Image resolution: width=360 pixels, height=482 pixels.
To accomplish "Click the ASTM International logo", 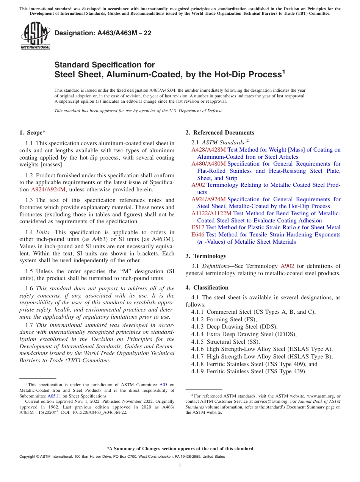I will (x=35, y=36).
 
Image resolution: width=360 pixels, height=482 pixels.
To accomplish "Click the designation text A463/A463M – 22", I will (x=103, y=33).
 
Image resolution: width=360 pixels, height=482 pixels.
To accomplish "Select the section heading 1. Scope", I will (x=32, y=133).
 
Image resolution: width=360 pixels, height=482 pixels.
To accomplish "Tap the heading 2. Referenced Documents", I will (x=220, y=133).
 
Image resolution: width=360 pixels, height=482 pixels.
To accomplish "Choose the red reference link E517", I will (x=198, y=227).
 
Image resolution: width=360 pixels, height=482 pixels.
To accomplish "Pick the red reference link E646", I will (x=198, y=235).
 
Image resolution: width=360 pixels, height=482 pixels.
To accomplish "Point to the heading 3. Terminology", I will (x=206, y=256).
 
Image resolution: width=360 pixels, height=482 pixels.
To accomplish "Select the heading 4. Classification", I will (x=207, y=288).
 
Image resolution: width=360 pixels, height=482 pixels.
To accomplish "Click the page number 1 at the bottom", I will (x=180, y=466).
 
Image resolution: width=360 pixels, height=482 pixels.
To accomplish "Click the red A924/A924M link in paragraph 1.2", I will (x=48, y=189).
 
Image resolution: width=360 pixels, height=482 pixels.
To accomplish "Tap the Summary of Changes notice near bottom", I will (x=180, y=449).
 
